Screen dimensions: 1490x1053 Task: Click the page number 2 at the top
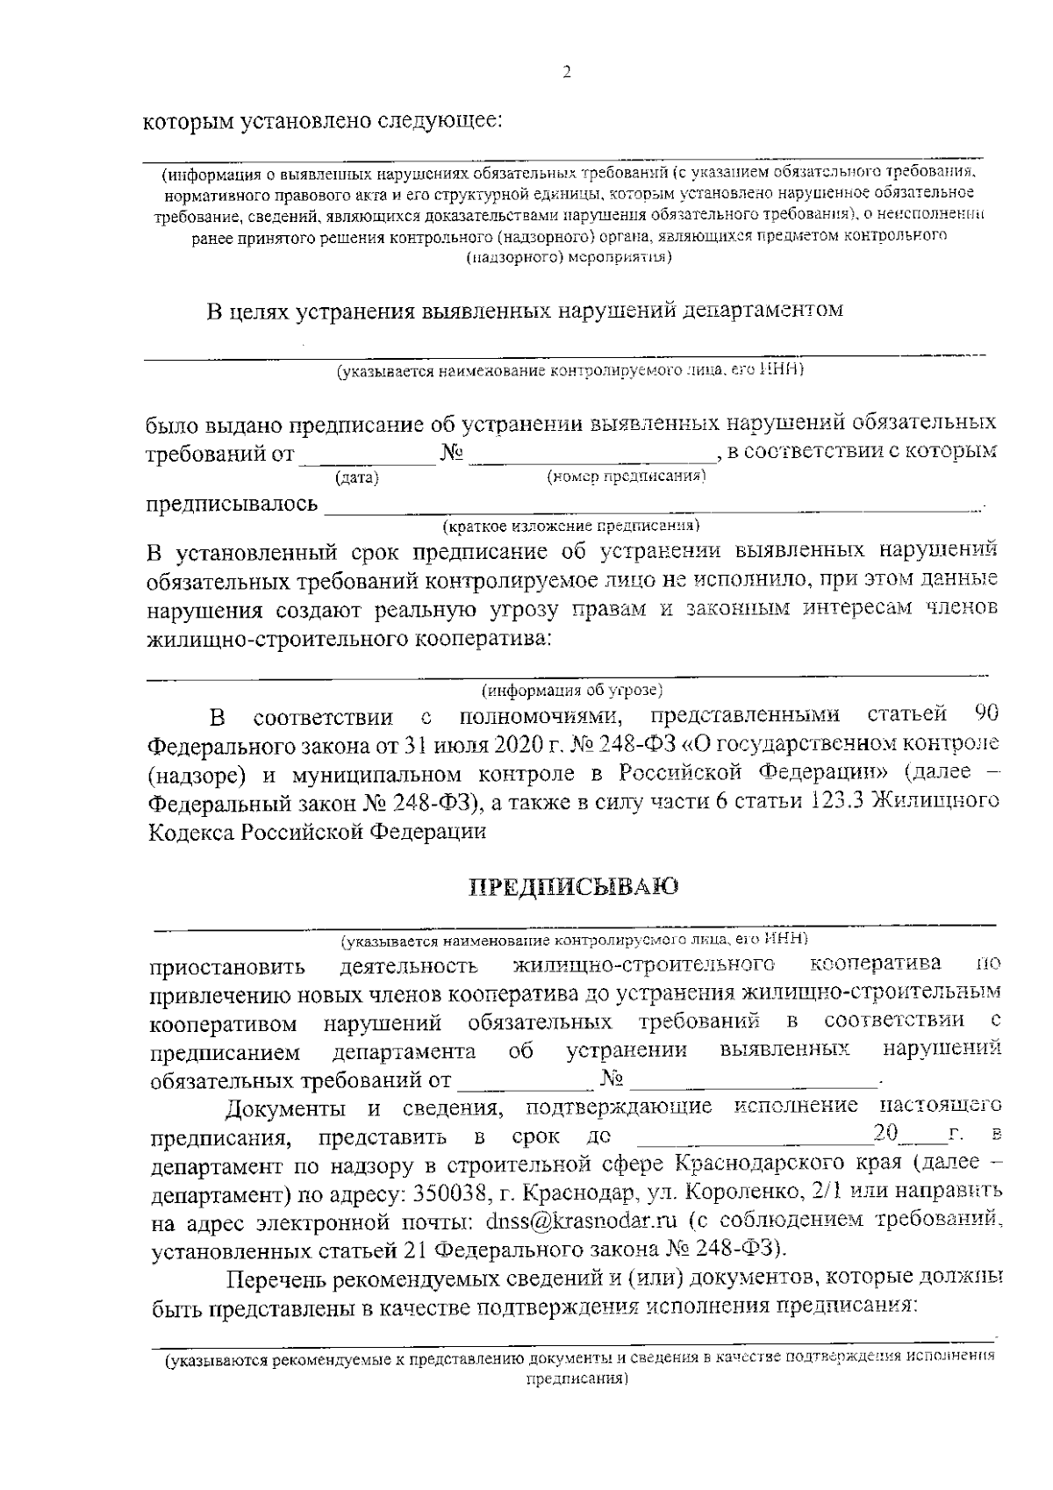pyautogui.click(x=566, y=74)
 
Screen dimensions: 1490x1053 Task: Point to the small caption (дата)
pyautogui.click(x=357, y=478)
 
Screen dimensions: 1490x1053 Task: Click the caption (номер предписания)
pyautogui.click(x=627, y=476)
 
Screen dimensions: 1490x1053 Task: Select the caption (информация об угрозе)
pyautogui.click(x=571, y=690)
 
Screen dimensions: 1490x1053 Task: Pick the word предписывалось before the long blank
pyautogui.click(x=233, y=504)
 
